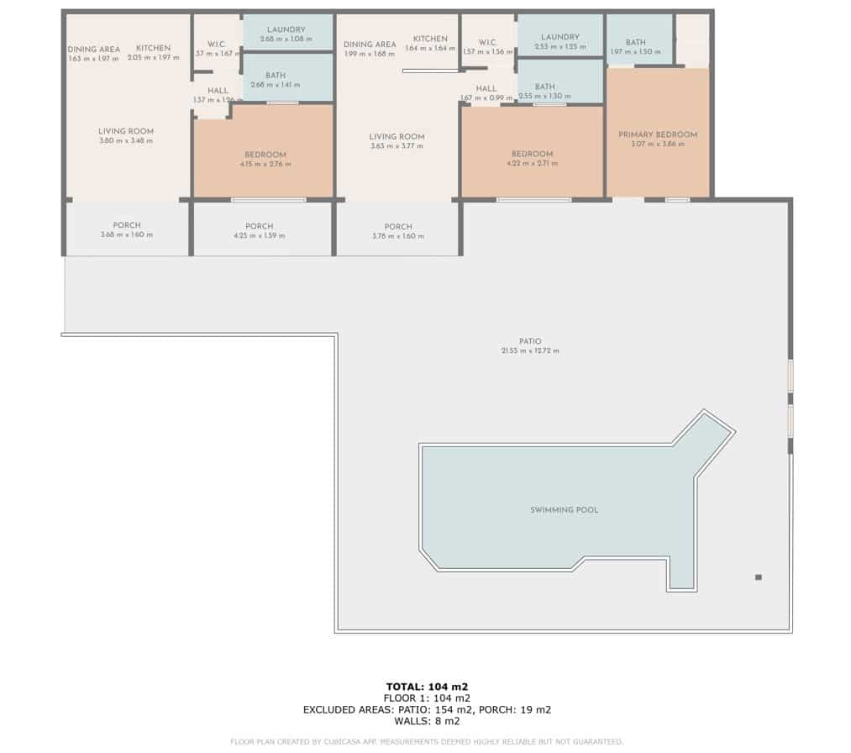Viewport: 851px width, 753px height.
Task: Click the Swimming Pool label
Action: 564,510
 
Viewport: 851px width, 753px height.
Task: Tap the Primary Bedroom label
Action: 658,134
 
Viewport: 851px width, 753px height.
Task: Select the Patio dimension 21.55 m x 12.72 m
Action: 529,350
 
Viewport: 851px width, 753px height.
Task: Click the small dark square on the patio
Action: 759,577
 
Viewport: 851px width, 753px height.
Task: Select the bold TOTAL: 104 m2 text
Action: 427,687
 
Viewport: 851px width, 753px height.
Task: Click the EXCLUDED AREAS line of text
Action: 427,710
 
